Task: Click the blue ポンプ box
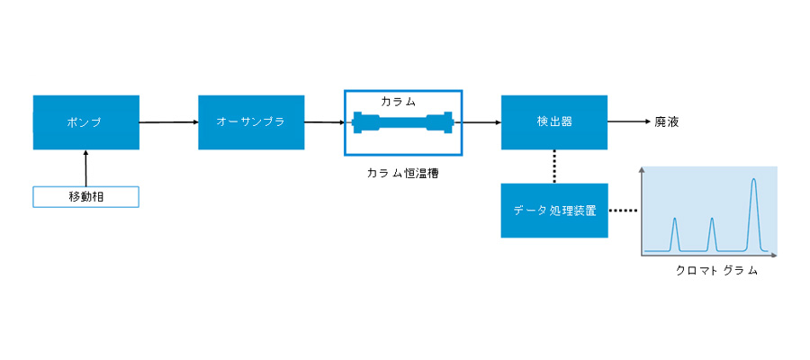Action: pos(86,122)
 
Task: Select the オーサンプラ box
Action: pos(251,122)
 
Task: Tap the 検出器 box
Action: pos(554,122)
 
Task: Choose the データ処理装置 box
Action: pos(554,211)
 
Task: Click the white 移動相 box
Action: pos(86,197)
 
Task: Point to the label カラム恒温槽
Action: pos(403,174)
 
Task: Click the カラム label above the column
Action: pos(399,102)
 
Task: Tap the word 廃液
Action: pos(666,122)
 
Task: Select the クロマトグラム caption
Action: pos(716,271)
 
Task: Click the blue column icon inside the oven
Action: pos(403,123)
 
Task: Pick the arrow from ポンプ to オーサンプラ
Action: pos(169,122)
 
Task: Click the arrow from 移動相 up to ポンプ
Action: pos(86,168)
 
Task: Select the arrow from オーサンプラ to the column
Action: pos(324,122)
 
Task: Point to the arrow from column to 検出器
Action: pos(481,122)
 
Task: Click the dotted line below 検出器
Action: pos(554,166)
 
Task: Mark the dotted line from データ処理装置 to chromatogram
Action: pos(624,211)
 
